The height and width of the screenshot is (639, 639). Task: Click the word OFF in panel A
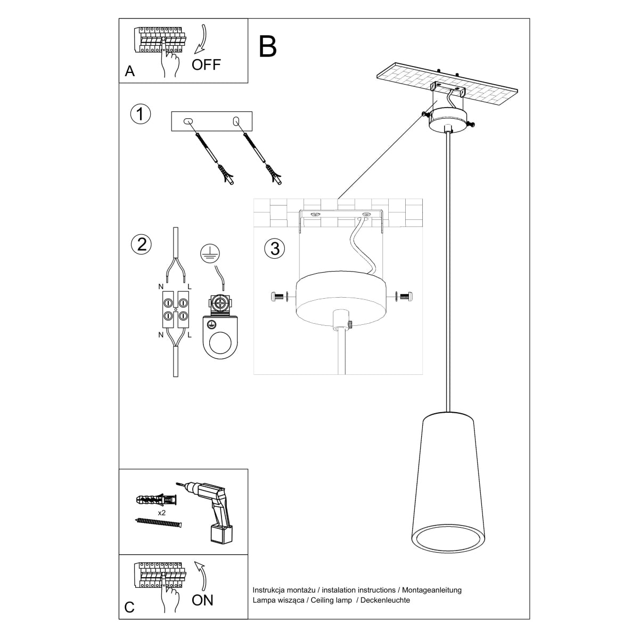click(206, 65)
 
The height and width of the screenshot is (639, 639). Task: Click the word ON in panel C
click(202, 600)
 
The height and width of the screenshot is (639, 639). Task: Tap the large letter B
click(268, 46)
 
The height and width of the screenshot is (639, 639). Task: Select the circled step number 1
click(141, 114)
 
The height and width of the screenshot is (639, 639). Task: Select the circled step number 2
click(141, 244)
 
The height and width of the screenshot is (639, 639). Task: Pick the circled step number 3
click(275, 249)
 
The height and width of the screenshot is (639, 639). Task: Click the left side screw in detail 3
click(278, 296)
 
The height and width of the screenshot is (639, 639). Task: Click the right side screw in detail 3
click(405, 296)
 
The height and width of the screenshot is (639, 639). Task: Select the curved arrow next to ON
click(201, 575)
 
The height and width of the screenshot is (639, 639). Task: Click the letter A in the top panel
click(129, 72)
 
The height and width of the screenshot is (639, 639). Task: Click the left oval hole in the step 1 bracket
click(187, 122)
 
